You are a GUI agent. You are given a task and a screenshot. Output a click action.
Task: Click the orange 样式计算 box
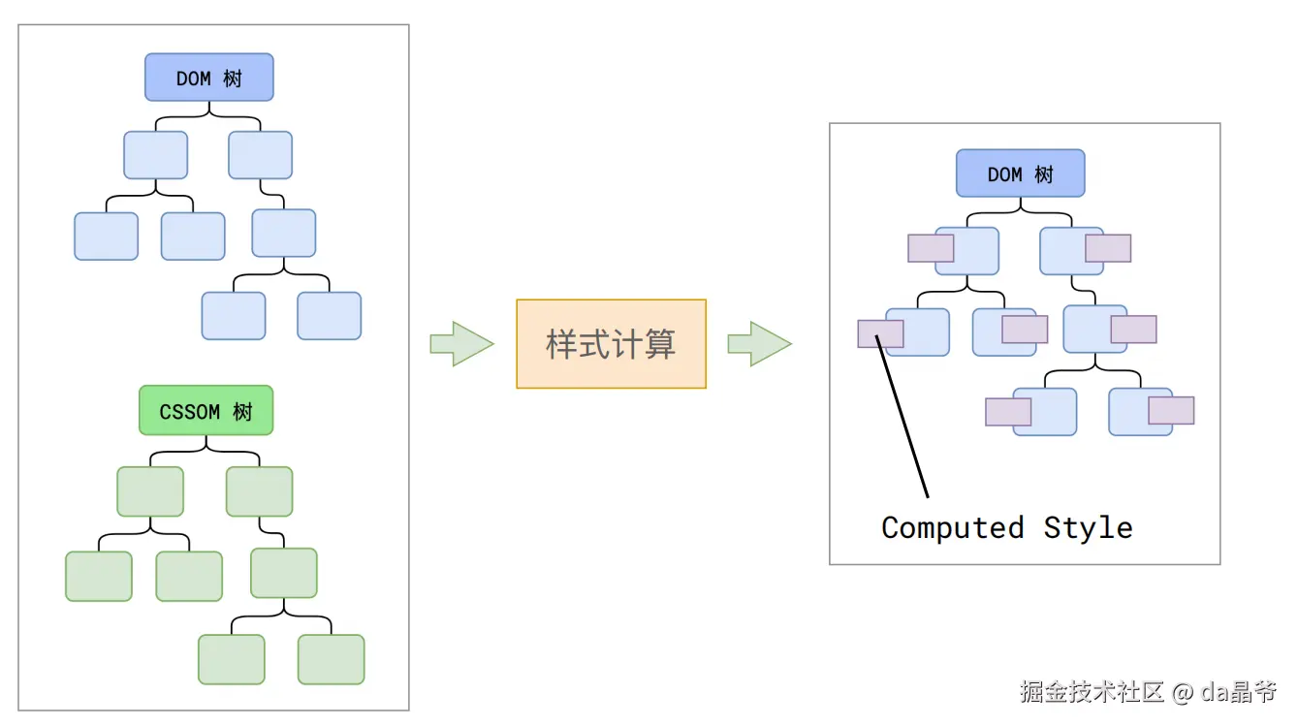coord(612,343)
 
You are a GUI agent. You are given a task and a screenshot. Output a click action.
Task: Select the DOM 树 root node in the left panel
coord(209,78)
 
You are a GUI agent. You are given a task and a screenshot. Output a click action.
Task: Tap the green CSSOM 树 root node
coord(206,410)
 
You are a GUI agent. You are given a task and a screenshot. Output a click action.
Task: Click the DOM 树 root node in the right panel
coord(1021,174)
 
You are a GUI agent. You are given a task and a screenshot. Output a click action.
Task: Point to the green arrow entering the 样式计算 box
coord(461,343)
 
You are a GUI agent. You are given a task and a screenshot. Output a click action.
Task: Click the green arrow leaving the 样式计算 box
coord(760,343)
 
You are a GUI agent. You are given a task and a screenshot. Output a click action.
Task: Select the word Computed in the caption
coord(953,528)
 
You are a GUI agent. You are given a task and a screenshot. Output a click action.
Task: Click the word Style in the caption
coord(1089,528)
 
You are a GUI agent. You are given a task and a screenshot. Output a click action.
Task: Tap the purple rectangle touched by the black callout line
coord(880,333)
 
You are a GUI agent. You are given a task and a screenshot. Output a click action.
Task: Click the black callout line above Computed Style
coord(902,416)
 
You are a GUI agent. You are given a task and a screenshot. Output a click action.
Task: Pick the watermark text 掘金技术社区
coord(1092,692)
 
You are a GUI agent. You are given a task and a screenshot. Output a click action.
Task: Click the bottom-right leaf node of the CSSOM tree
coord(331,659)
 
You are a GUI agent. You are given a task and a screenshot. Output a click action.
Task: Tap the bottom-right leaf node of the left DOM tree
coord(330,316)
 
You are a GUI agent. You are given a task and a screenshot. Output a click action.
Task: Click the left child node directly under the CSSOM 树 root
coord(150,491)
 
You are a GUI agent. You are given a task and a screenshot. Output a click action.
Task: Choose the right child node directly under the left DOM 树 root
coord(260,155)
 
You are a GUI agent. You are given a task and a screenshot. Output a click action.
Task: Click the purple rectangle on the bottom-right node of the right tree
coord(1171,410)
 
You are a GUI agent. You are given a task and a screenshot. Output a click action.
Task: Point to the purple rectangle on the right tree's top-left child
coord(931,248)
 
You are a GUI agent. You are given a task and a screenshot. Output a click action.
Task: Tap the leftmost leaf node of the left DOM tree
coord(106,236)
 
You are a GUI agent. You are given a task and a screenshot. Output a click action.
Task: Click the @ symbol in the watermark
coord(1182,692)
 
